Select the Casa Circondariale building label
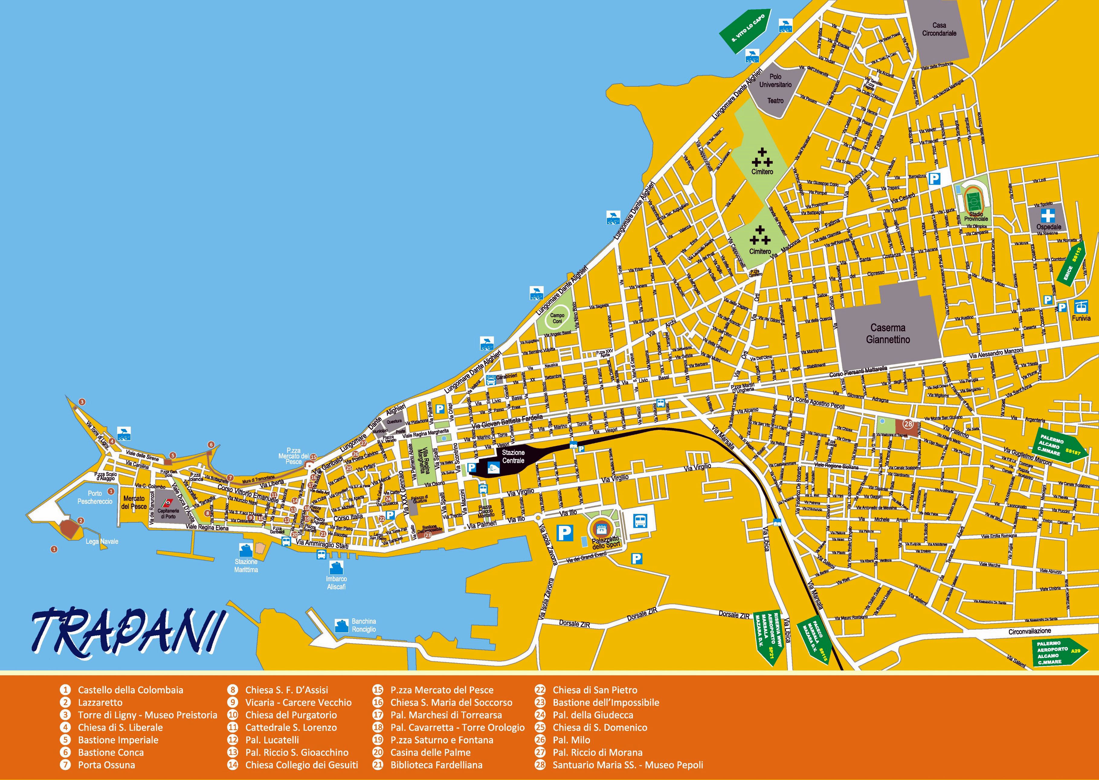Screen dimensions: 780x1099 (x=939, y=29)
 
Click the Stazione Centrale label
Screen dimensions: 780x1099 (x=513, y=456)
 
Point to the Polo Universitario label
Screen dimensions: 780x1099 (x=775, y=80)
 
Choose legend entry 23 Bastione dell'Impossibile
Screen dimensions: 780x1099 (x=605, y=702)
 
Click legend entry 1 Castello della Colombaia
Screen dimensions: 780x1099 (x=130, y=690)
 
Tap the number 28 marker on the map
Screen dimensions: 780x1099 (x=908, y=424)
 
